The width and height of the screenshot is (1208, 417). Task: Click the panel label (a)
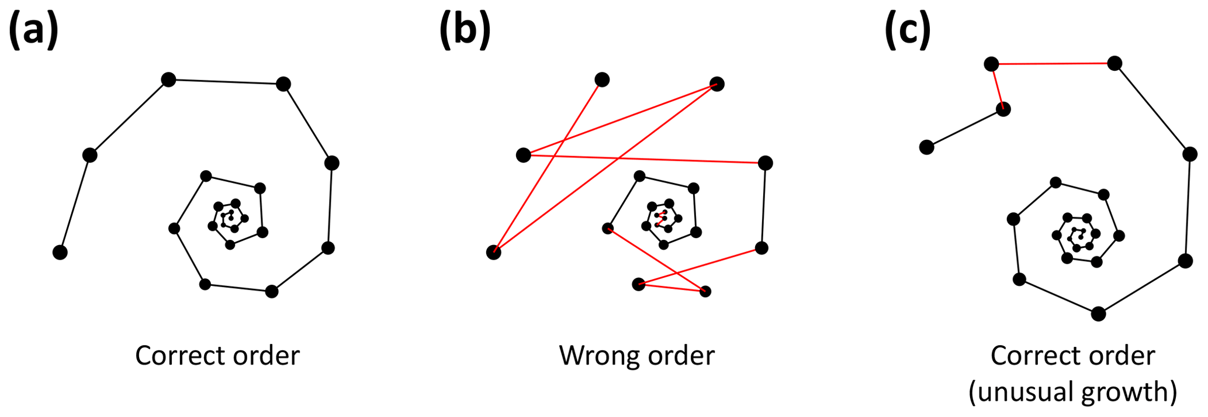[33, 29]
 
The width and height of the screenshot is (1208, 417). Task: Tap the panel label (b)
[465, 29]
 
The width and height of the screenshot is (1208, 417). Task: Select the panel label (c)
[908, 29]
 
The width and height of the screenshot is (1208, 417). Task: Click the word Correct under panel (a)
[177, 356]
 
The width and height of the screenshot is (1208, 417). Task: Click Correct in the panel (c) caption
[1033, 356]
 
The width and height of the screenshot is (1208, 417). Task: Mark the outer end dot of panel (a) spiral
[60, 252]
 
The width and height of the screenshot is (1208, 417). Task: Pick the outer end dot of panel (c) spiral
[926, 147]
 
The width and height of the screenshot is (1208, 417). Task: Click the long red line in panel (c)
[1053, 64]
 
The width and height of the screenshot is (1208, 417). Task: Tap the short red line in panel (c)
[997, 87]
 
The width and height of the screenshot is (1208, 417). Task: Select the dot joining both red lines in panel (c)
[991, 64]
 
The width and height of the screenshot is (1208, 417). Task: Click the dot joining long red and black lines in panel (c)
[1114, 63]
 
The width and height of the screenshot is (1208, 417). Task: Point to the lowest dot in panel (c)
[1098, 313]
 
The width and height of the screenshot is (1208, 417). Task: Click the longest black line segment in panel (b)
[763, 205]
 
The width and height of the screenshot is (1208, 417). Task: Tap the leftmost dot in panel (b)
[494, 252]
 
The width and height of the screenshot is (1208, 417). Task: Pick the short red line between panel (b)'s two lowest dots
[672, 288]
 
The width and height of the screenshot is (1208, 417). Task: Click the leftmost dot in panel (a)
[60, 252]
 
